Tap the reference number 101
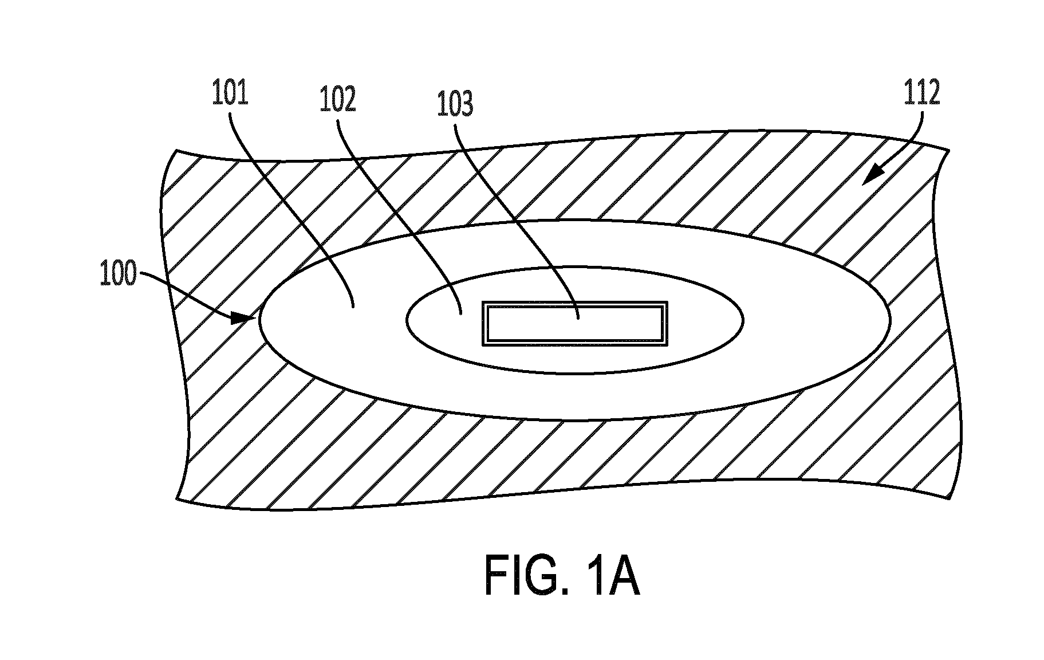pos(230,94)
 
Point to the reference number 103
pos(455,105)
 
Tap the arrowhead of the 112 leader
pos(871,175)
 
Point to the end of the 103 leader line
pos(578,319)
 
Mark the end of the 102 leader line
pos(462,313)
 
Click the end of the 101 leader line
pos(353,307)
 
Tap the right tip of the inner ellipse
pos(743,319)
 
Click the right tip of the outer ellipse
pos(891,319)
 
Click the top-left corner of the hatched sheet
pos(176,150)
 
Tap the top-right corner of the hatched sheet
pos(949,151)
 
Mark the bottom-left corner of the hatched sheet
pos(176,499)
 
